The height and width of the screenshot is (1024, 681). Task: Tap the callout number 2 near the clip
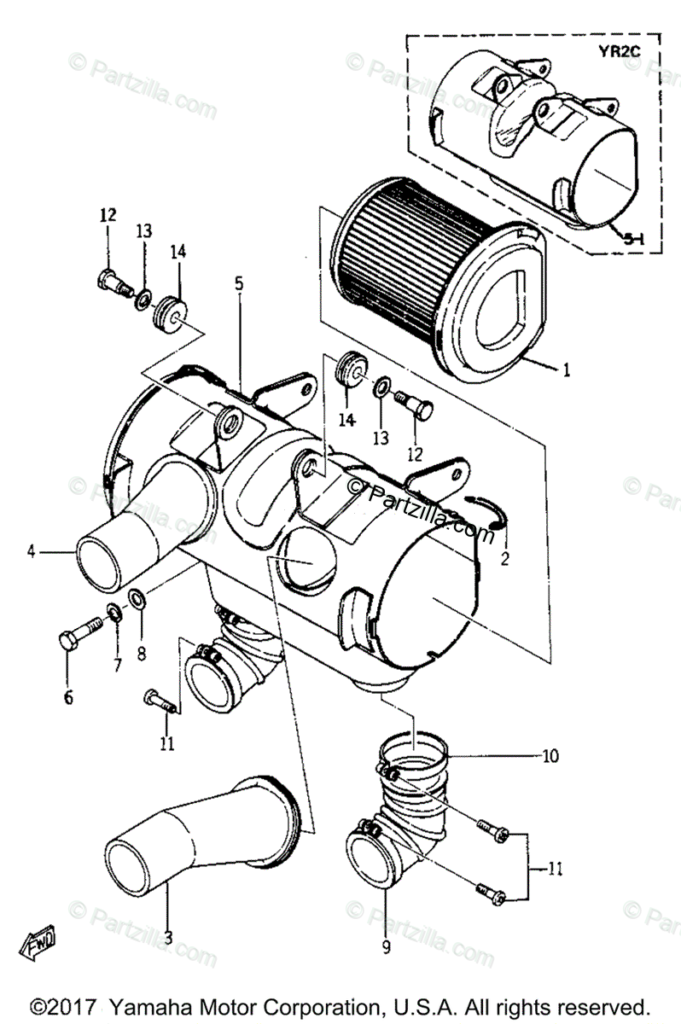(x=504, y=560)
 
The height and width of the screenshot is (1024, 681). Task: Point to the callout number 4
(x=31, y=551)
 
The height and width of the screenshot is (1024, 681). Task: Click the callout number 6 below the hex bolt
(x=67, y=698)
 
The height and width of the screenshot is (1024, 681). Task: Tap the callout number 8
(x=142, y=655)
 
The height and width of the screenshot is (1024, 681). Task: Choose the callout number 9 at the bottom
(x=385, y=945)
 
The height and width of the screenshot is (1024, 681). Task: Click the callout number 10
(x=550, y=755)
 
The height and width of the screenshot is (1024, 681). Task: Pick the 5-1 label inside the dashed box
(x=632, y=241)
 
